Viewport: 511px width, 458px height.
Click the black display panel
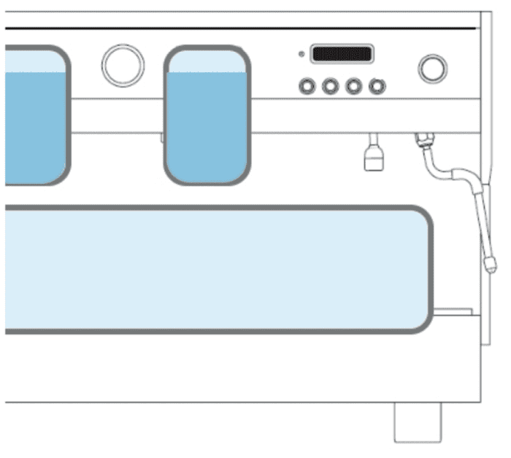(342, 54)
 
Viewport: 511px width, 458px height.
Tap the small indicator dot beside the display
(301, 53)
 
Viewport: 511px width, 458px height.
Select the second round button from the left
(331, 86)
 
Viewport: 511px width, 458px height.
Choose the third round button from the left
(354, 86)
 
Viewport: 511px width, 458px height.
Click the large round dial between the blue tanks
(123, 65)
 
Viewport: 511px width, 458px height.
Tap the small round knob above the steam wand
(432, 68)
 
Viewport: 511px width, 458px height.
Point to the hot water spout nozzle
(373, 158)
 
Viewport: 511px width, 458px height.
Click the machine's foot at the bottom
(418, 422)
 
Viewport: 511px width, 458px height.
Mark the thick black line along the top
(241, 28)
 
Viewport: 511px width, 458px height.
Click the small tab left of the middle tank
(162, 136)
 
